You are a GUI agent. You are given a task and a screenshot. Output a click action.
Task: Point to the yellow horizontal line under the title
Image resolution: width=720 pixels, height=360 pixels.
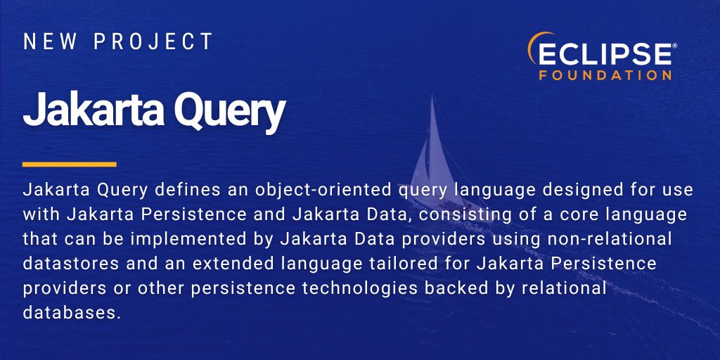pyautogui.click(x=69, y=165)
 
